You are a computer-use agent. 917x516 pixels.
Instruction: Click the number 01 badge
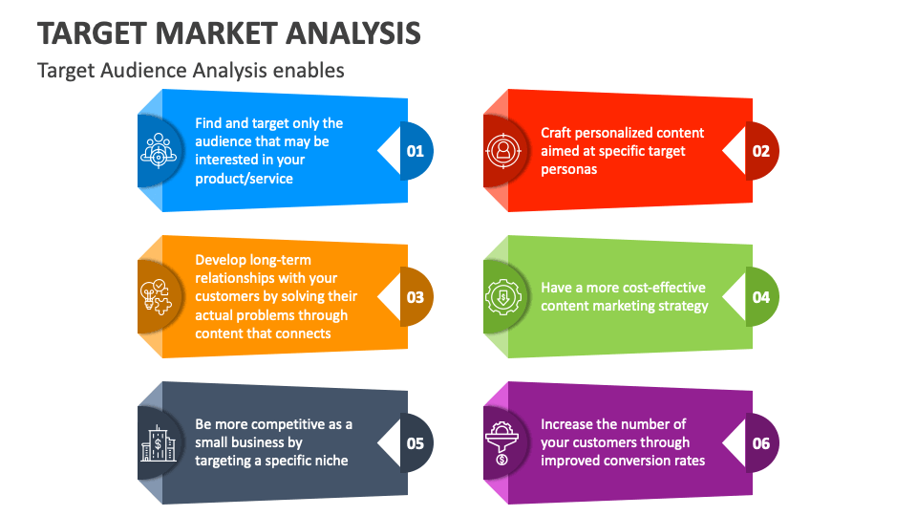click(416, 151)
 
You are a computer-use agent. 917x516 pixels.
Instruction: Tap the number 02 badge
click(761, 151)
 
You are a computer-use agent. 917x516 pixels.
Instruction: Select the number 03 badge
click(416, 297)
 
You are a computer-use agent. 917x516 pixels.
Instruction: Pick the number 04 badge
click(761, 297)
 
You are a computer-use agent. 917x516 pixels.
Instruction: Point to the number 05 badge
click(416, 443)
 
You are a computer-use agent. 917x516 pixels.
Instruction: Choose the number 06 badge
click(761, 443)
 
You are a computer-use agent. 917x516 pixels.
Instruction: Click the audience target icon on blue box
click(158, 151)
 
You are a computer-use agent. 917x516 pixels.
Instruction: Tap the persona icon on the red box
click(503, 151)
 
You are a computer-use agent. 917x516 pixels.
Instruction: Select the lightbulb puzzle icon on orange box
click(156, 297)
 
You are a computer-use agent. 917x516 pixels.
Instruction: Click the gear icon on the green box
click(503, 297)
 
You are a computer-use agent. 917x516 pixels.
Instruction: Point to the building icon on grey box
click(158, 443)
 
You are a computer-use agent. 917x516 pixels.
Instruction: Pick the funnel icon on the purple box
click(502, 443)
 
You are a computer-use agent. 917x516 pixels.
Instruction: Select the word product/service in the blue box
click(244, 179)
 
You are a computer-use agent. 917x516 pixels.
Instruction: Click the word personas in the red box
click(569, 170)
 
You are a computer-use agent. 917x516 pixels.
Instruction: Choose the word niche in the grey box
click(331, 461)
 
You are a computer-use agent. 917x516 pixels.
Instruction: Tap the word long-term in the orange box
click(283, 260)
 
